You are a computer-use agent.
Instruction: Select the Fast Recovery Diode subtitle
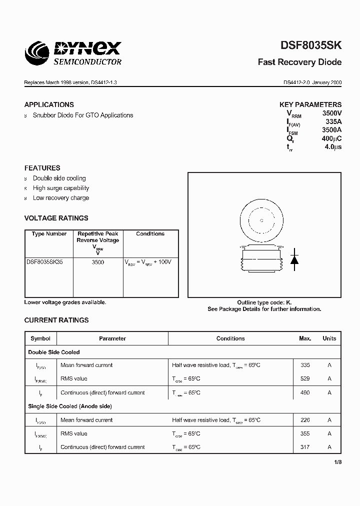[x=299, y=62]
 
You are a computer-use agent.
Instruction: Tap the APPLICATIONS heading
[x=49, y=104]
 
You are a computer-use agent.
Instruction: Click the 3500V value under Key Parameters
[x=331, y=113]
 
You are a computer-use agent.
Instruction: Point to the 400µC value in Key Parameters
[x=331, y=138]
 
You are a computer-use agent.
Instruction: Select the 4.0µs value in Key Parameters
[x=332, y=147]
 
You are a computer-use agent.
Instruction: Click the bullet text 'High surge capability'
[x=61, y=188]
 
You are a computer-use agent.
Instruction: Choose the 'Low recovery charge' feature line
[x=61, y=198]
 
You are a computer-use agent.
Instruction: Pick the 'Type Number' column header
[x=49, y=234]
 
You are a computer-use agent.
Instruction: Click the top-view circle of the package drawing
[x=260, y=220]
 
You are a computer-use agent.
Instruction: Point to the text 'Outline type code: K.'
[x=264, y=302]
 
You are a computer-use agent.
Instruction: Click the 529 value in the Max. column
[x=305, y=379]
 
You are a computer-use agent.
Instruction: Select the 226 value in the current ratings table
[x=305, y=420]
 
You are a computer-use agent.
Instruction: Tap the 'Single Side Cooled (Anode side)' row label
[x=70, y=406]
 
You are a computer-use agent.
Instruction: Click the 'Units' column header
[x=329, y=338]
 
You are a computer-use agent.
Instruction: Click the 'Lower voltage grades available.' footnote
[x=65, y=302]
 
